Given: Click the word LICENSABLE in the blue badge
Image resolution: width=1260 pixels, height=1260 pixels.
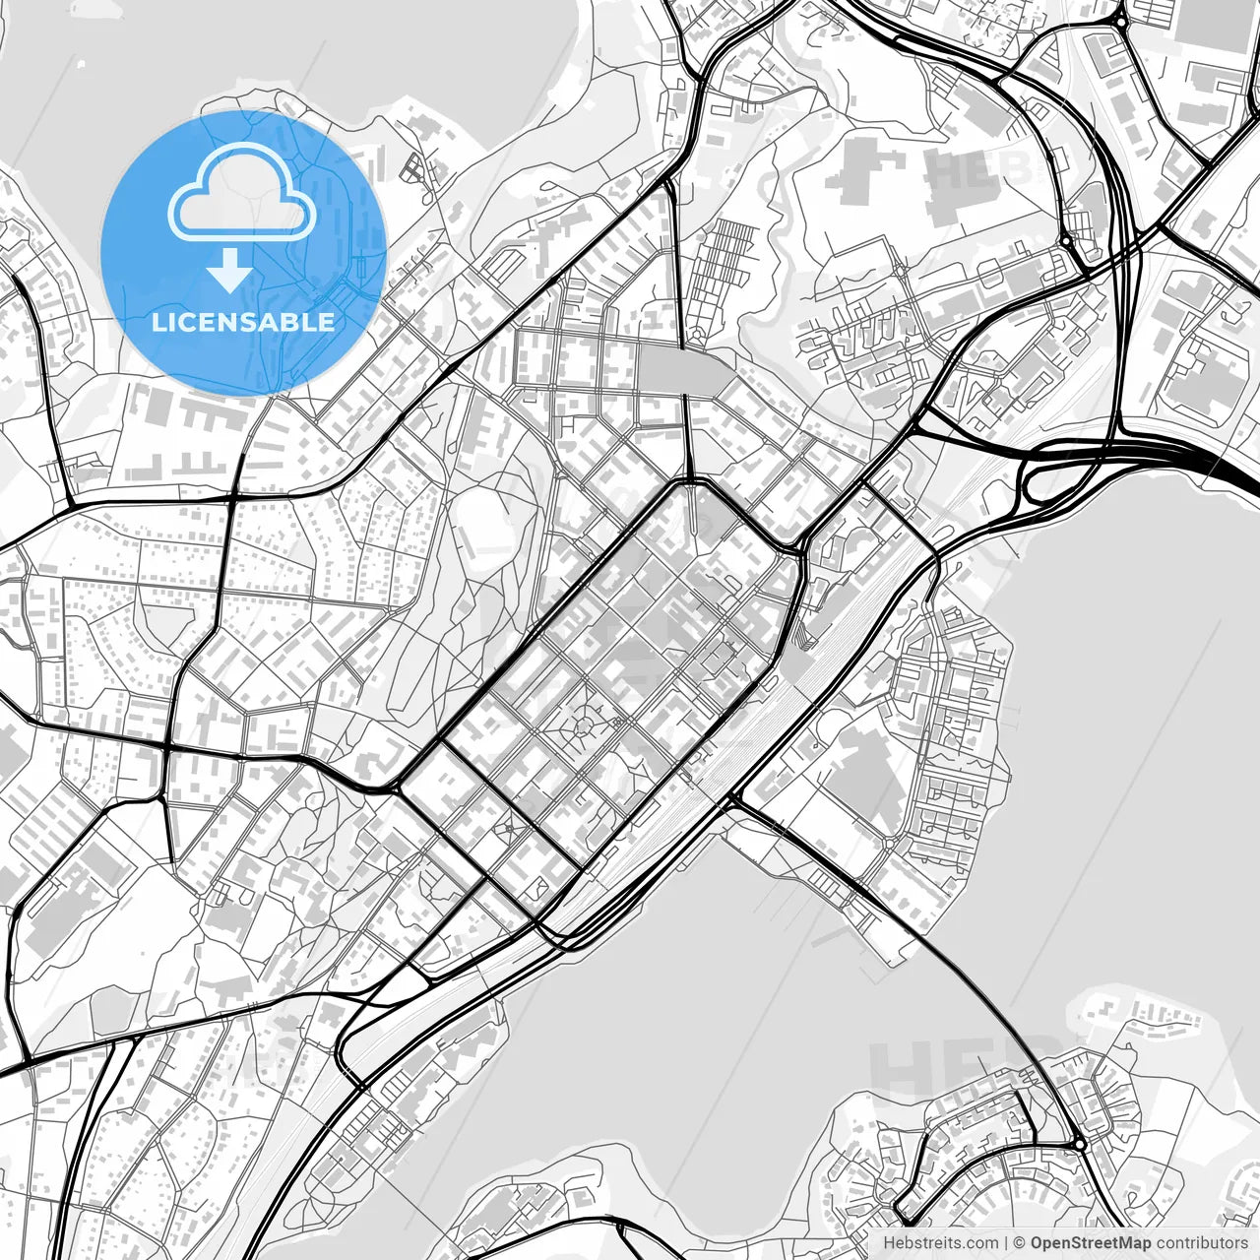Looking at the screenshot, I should point(243,322).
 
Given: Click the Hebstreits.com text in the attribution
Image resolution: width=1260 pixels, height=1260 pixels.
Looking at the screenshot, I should point(939,1244).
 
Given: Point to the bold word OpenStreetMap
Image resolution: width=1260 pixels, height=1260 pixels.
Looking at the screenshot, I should point(1091,1244).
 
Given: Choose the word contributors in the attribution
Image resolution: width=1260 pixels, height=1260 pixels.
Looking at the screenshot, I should point(1201,1244).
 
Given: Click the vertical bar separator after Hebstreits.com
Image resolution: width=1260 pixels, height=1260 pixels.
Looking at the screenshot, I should point(1004,1244).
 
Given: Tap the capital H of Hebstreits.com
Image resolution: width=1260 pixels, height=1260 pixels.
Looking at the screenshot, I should point(889,1244).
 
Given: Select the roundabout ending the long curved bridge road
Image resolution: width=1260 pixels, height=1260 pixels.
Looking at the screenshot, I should point(1080,1144).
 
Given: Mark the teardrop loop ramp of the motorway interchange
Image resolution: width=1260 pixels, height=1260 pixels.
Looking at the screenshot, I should point(1040,482).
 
